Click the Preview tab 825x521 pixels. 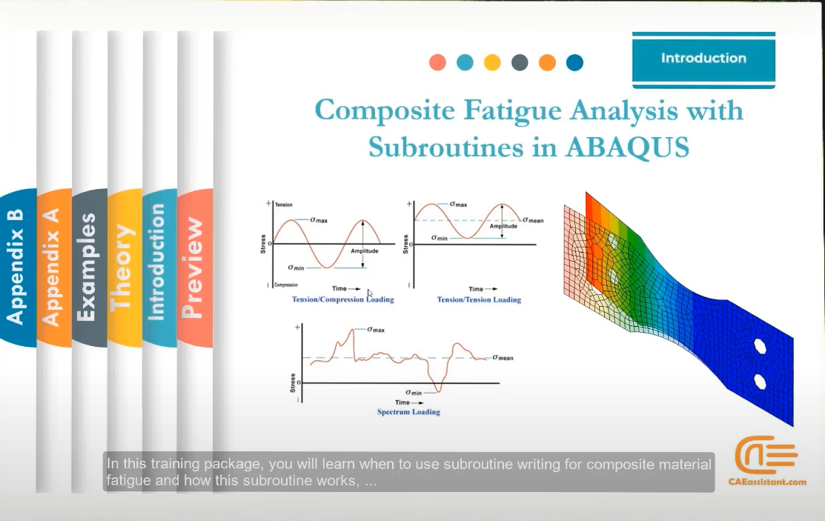tap(192, 268)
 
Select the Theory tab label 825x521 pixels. tap(122, 268)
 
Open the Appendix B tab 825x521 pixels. tap(16, 268)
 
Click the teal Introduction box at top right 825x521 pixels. tap(703, 59)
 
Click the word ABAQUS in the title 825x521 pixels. tap(627, 147)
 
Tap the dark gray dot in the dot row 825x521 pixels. tap(520, 63)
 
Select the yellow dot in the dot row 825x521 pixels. tap(492, 63)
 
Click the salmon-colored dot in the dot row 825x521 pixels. tap(438, 63)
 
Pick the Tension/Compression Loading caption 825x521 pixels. tap(342, 299)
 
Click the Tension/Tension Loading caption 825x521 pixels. tap(479, 299)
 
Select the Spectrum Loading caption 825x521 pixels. tap(408, 412)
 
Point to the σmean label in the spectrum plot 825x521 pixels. tap(503, 358)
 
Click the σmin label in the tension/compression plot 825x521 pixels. tap(296, 268)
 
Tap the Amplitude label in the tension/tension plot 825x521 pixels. tap(503, 226)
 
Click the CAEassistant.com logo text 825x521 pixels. tap(767, 482)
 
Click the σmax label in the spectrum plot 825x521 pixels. tap(376, 330)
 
